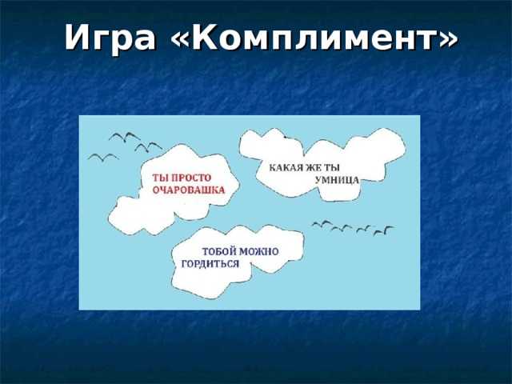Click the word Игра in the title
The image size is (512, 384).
110,38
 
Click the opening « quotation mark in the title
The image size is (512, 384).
180,38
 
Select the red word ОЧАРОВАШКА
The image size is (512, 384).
189,190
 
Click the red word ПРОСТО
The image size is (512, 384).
191,178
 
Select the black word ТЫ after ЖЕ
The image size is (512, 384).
333,168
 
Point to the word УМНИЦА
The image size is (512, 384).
337,180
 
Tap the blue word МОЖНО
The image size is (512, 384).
259,252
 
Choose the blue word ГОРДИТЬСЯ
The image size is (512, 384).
210,264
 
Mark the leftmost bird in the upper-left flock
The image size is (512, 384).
103,157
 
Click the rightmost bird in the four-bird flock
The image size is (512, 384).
384,230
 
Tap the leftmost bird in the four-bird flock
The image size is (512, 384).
322,224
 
